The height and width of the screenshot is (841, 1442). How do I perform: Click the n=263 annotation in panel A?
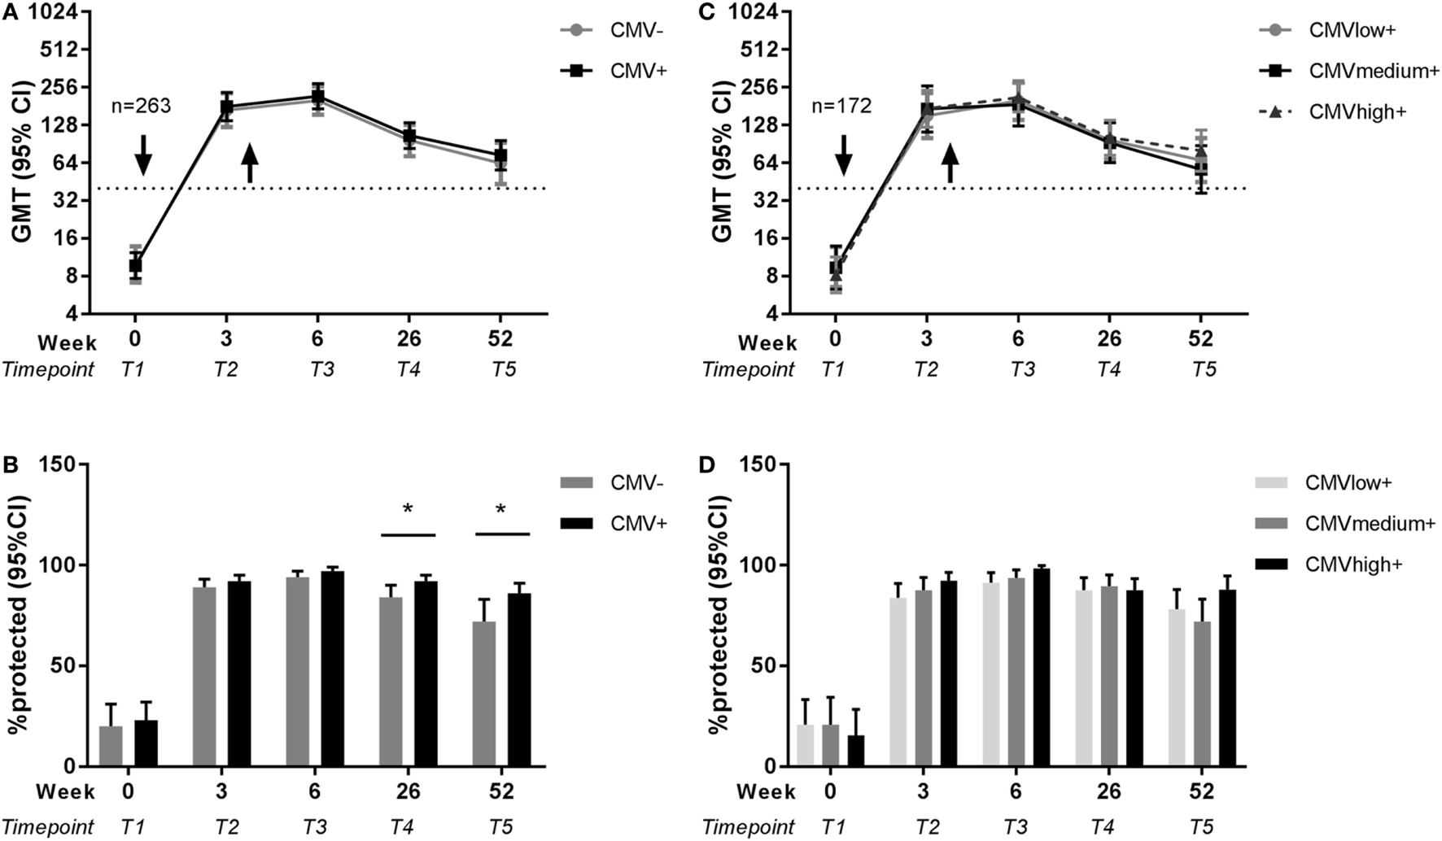click(x=141, y=106)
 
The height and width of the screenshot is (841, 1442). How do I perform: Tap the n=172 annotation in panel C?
click(x=841, y=106)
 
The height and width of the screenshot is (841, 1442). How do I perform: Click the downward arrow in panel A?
click(x=142, y=155)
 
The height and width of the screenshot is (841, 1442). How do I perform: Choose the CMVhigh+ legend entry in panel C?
click(x=1357, y=111)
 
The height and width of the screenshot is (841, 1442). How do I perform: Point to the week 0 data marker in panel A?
click(x=135, y=265)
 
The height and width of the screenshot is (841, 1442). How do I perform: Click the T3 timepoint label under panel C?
click(x=1022, y=369)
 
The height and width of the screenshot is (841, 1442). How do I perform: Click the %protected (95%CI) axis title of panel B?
click(x=24, y=615)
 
